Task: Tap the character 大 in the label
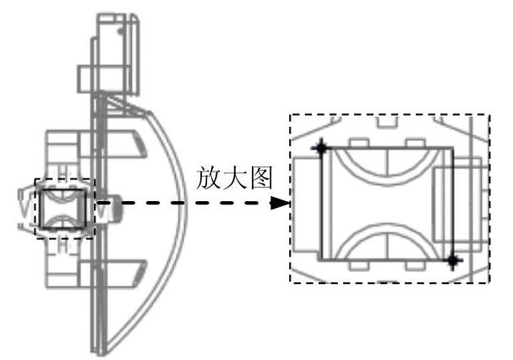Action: click(239, 179)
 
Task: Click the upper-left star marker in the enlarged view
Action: click(320, 149)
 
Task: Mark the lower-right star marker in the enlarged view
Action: click(454, 259)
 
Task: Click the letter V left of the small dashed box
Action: click(25, 205)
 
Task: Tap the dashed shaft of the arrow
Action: click(194, 204)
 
